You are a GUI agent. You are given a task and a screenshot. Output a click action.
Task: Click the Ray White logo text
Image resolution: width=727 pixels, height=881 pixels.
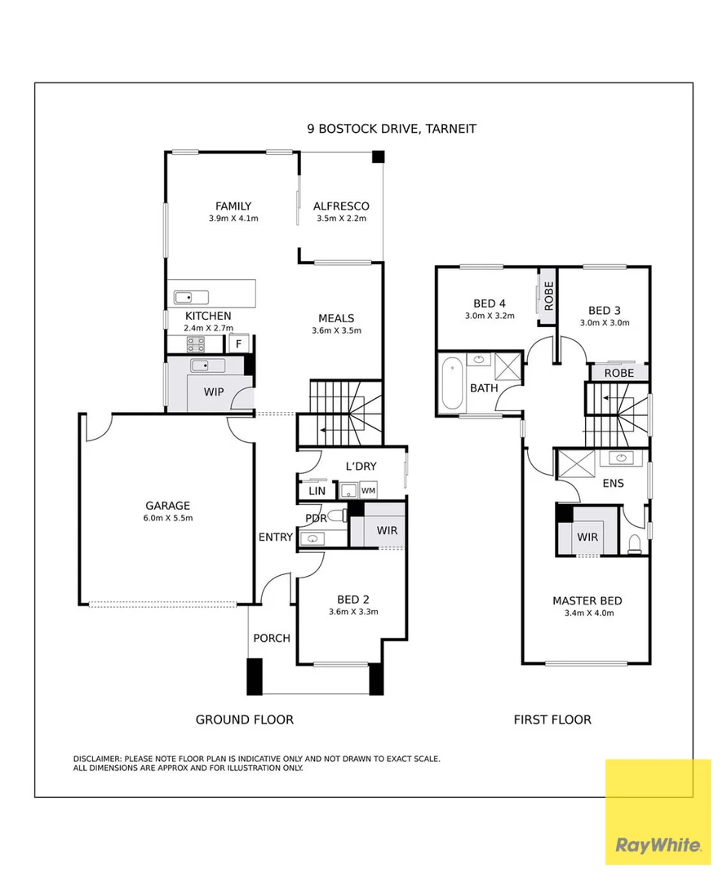(658, 845)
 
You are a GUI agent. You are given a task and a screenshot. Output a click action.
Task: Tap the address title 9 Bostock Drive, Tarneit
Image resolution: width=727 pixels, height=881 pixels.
(392, 129)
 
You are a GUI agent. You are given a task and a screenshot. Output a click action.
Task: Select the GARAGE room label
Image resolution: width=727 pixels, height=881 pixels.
(167, 506)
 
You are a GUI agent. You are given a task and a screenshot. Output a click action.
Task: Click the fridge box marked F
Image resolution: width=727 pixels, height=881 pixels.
(239, 343)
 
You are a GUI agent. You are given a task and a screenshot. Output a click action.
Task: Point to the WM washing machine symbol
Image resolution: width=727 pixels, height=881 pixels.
(368, 490)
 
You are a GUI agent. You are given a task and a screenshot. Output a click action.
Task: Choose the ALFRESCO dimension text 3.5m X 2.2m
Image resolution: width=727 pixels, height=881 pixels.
(341, 219)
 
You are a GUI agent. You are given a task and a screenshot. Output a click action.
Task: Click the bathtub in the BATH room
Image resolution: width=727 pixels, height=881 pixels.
(452, 384)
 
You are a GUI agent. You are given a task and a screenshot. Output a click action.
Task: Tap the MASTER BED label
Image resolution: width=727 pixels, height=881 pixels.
(587, 600)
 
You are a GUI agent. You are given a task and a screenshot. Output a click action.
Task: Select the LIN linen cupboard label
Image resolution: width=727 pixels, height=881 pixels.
(317, 490)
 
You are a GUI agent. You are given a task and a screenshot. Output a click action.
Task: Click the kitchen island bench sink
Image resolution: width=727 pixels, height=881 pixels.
(191, 297)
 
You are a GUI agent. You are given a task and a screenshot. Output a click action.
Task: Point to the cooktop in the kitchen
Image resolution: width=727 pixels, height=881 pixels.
(196, 344)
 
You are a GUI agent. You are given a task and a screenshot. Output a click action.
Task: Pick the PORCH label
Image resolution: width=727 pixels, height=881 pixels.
(272, 638)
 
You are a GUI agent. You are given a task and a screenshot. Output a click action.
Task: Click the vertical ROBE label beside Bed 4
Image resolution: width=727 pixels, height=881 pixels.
(549, 296)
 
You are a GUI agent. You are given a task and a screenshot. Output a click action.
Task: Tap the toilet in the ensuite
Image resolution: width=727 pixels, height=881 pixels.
(634, 544)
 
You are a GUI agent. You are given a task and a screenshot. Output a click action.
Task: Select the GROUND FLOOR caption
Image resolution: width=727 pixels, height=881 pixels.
(245, 719)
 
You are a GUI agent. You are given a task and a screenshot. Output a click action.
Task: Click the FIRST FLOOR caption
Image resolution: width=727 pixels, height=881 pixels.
(552, 719)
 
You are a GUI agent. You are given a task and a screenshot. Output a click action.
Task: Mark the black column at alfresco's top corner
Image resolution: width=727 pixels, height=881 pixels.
(378, 157)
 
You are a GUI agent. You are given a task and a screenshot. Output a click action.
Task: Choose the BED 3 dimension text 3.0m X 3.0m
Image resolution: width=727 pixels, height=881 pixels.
(605, 323)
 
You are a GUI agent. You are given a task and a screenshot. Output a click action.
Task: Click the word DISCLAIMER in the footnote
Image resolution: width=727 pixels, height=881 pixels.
(97, 759)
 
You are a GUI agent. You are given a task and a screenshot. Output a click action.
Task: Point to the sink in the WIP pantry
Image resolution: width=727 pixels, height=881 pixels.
(208, 365)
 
